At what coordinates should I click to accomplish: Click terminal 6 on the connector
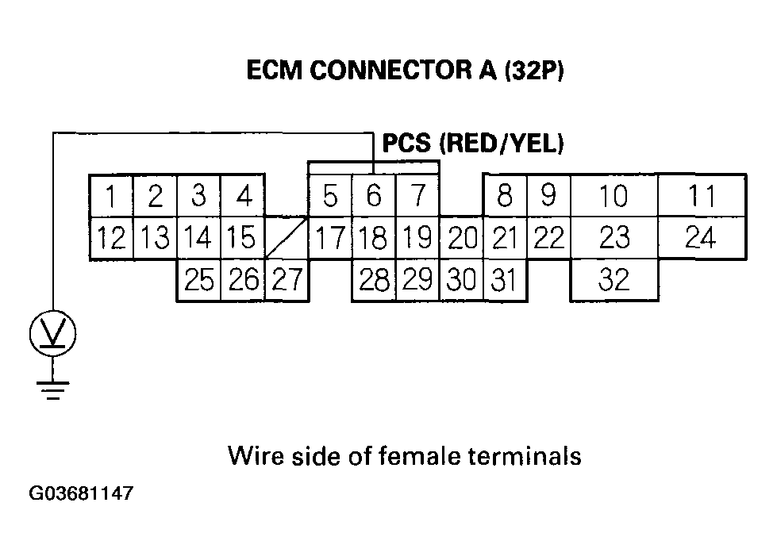[375, 195]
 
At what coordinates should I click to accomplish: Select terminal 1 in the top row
[113, 195]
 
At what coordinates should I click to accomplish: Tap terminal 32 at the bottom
[614, 280]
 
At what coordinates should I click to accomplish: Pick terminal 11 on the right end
[702, 195]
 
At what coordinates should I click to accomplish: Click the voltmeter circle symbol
[52, 333]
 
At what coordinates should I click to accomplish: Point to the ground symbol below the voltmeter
[52, 389]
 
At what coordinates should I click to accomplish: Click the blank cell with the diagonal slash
[286, 236]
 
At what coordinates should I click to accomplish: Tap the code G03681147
[81, 494]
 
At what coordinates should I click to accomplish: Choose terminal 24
[702, 237]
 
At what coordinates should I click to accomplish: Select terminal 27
[287, 280]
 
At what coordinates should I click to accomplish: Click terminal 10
[614, 195]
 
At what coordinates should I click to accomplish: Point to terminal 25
[199, 280]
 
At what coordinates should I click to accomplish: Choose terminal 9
[548, 195]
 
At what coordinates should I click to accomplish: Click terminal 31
[506, 280]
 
